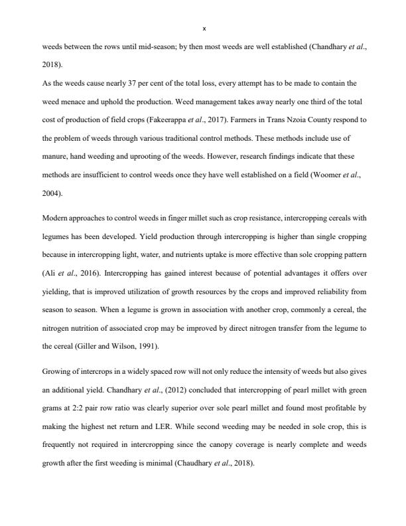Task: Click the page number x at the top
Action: [204, 29]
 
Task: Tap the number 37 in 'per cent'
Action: [130, 84]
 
